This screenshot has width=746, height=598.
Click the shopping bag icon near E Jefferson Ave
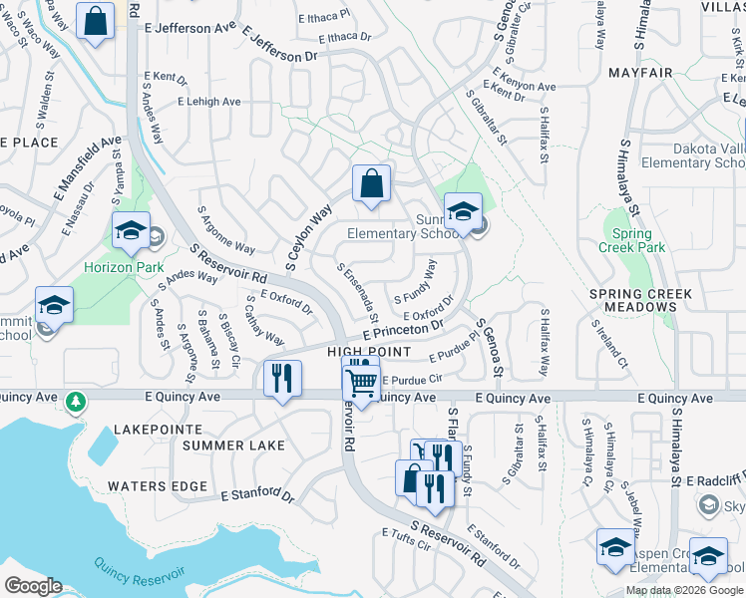pos(95,22)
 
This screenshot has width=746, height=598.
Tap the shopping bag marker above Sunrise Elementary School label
pos(370,184)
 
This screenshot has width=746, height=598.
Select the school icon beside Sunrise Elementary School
pos(463,212)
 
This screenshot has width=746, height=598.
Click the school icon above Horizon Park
pos(131,231)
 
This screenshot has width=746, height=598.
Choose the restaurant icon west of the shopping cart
pos(283,379)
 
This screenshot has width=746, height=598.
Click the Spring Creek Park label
pos(631,240)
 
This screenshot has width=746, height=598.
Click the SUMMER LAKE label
pos(226,445)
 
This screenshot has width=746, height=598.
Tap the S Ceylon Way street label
pos(308,238)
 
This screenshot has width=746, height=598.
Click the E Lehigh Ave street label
pos(208,102)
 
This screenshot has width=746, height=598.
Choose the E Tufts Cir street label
pos(404,536)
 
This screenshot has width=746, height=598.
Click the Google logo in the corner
pos(33,585)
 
